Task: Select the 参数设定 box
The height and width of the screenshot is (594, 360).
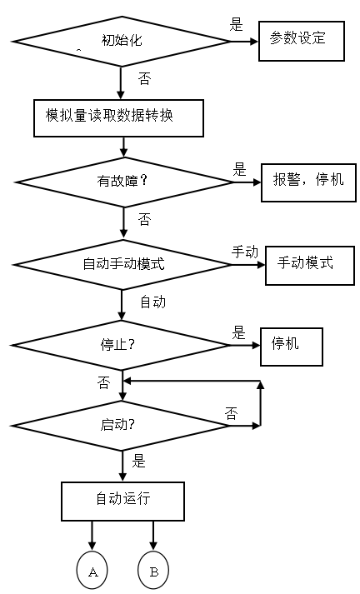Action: click(x=302, y=39)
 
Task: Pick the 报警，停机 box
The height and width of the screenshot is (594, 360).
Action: click(x=302, y=179)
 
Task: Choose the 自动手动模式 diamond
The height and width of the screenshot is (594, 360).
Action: click(x=122, y=265)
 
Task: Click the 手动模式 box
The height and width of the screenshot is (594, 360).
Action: click(x=303, y=263)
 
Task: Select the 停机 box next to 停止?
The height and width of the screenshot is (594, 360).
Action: click(x=291, y=343)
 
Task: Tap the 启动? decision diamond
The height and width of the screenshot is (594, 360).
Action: click(x=122, y=425)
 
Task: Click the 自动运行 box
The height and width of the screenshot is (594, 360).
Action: click(x=122, y=500)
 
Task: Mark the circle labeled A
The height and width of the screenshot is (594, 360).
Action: click(x=92, y=572)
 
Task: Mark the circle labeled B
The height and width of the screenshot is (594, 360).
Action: click(x=153, y=572)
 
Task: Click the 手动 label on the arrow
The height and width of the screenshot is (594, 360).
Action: click(x=244, y=251)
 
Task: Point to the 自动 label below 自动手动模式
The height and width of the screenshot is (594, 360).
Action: click(x=152, y=302)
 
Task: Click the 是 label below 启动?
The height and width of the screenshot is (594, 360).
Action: click(x=138, y=461)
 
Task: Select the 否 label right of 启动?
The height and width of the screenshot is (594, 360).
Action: click(x=231, y=412)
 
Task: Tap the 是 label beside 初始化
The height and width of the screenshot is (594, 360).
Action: click(x=237, y=24)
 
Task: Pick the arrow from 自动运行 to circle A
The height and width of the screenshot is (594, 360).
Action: click(x=92, y=537)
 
